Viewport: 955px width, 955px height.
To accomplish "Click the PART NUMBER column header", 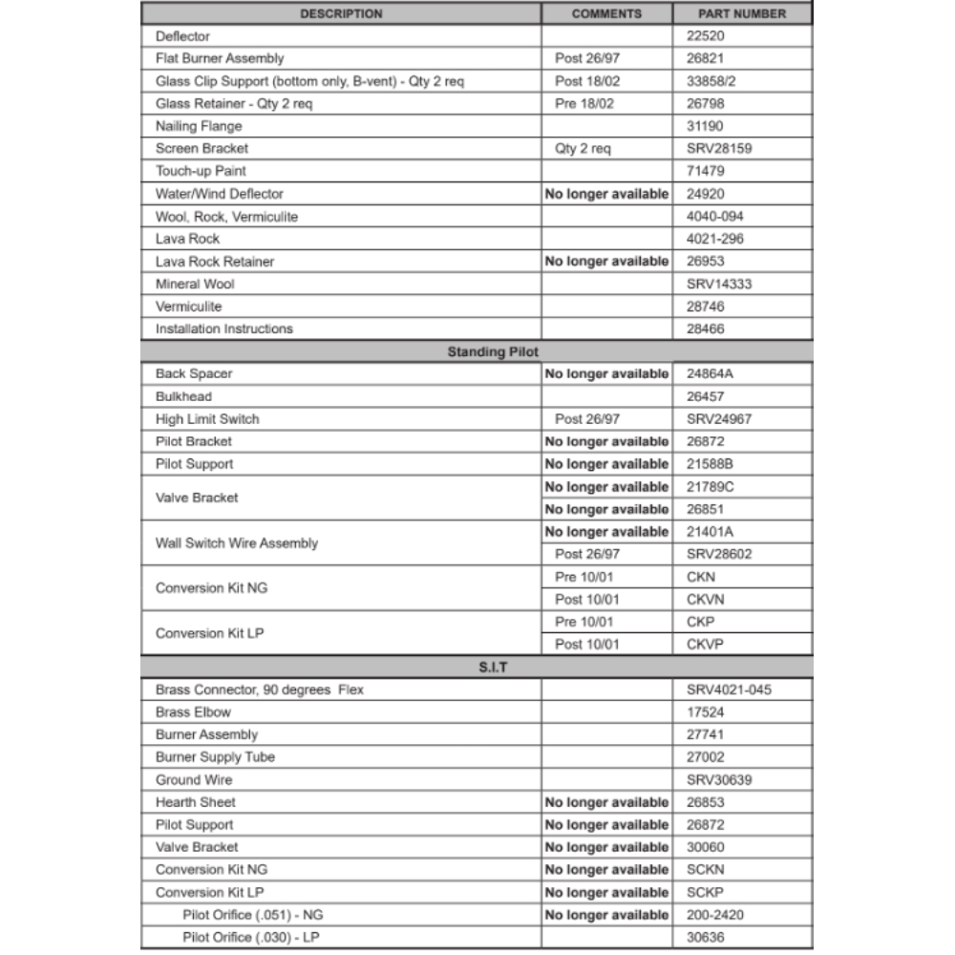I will [742, 13].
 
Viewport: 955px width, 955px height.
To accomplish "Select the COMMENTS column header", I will [606, 13].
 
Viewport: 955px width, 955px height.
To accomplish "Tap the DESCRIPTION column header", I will [341, 13].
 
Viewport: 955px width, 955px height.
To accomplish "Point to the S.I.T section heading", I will [493, 667].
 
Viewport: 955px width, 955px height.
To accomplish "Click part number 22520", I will [706, 36].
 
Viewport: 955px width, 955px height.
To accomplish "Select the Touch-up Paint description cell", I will [201, 171].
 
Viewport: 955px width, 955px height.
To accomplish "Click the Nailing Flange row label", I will [199, 126].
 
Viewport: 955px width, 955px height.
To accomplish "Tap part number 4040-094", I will [713, 217].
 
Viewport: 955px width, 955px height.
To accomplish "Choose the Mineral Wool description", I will [195, 284].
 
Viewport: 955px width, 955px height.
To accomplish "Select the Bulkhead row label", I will [183, 396].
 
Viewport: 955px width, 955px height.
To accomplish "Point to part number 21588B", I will [711, 464].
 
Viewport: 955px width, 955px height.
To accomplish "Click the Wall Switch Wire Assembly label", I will [237, 543].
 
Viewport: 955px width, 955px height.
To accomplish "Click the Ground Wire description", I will [194, 779].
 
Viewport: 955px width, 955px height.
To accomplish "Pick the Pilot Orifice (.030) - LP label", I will [250, 938].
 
